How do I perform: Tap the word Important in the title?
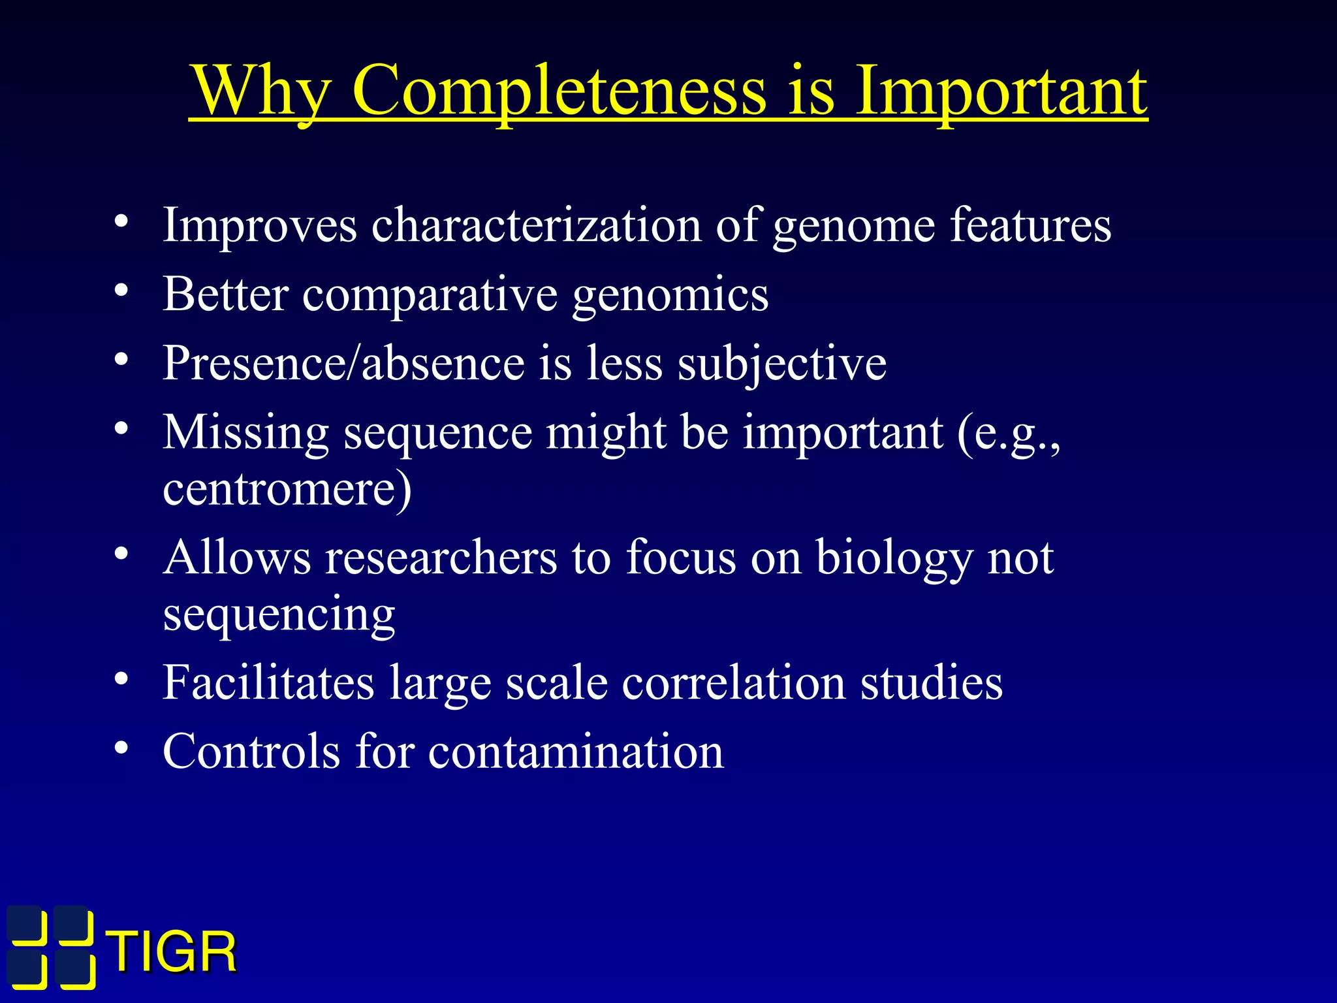pos(1001,91)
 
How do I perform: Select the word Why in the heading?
pos(262,91)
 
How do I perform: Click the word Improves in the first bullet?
pos(260,225)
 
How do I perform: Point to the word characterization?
pos(536,225)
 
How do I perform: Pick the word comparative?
pos(430,295)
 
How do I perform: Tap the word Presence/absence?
pos(343,364)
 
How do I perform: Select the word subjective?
pos(781,364)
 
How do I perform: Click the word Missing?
pos(245,432)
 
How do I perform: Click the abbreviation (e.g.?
pos(1009,434)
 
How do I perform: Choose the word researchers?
pos(441,558)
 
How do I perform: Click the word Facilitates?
pos(268,683)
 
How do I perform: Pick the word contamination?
pos(576,752)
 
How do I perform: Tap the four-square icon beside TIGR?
pos(52,947)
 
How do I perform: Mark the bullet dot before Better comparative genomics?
pos(121,291)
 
